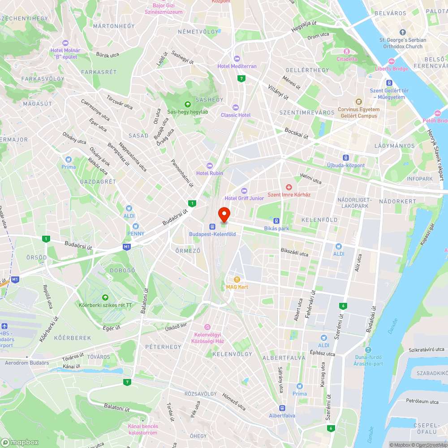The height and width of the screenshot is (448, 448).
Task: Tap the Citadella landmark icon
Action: (347, 52)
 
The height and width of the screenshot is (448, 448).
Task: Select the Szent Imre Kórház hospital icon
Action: (289, 187)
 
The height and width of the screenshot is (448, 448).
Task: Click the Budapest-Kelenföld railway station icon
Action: (212, 227)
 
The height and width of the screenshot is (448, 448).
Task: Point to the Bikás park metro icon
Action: (276, 221)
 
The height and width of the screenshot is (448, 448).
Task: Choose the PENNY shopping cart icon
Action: (135, 226)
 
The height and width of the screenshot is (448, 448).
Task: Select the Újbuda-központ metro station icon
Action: (346, 158)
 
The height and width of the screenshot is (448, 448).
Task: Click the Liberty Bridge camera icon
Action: (392, 61)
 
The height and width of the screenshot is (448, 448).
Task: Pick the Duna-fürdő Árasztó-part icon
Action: (368, 350)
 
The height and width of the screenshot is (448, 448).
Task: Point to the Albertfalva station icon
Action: (282, 408)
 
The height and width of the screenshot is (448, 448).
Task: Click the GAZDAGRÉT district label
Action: (98, 181)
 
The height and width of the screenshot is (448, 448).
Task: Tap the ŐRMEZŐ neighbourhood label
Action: (187, 250)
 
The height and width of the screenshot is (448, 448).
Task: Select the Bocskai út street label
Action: (297, 133)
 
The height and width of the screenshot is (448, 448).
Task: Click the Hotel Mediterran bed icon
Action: (237, 59)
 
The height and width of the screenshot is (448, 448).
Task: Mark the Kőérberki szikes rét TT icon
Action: (105, 297)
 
